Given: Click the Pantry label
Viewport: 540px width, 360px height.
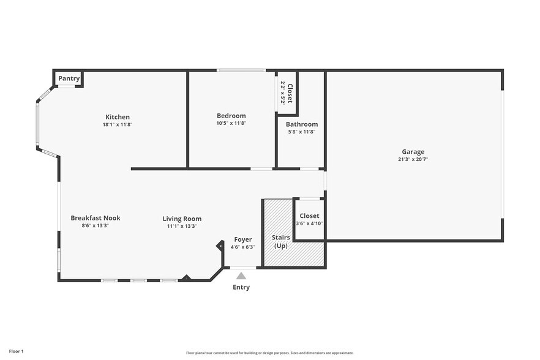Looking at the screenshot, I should click(x=69, y=78).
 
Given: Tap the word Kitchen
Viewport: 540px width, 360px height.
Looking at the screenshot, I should click(x=118, y=117).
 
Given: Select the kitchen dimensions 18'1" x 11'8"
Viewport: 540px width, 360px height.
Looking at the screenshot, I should click(x=118, y=124).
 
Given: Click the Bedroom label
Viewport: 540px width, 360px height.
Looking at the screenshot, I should click(x=231, y=116).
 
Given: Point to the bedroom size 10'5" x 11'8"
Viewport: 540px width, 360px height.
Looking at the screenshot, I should click(x=231, y=123).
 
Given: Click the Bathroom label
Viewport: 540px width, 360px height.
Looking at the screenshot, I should click(x=301, y=124).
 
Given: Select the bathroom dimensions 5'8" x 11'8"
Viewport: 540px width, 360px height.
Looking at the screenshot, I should click(x=301, y=132).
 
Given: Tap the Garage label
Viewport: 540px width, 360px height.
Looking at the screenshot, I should click(x=413, y=152).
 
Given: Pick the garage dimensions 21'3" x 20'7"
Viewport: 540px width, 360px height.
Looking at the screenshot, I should click(x=413, y=159).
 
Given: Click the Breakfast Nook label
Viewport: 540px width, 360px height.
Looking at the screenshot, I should click(x=95, y=218).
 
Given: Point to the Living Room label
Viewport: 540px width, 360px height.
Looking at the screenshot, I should click(x=182, y=219).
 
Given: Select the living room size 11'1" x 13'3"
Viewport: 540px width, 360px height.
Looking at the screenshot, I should click(x=182, y=226).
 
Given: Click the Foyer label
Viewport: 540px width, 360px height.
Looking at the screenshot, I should click(x=243, y=239).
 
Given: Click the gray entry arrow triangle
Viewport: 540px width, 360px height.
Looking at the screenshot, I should click(x=241, y=276).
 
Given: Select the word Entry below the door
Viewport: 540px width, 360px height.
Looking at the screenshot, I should click(x=241, y=287).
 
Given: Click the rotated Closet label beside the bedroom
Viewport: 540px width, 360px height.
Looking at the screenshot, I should click(x=290, y=93).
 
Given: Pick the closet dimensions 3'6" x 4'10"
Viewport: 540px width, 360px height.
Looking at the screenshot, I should click(x=309, y=223).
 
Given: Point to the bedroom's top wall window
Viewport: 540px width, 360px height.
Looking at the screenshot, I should click(x=241, y=70).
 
